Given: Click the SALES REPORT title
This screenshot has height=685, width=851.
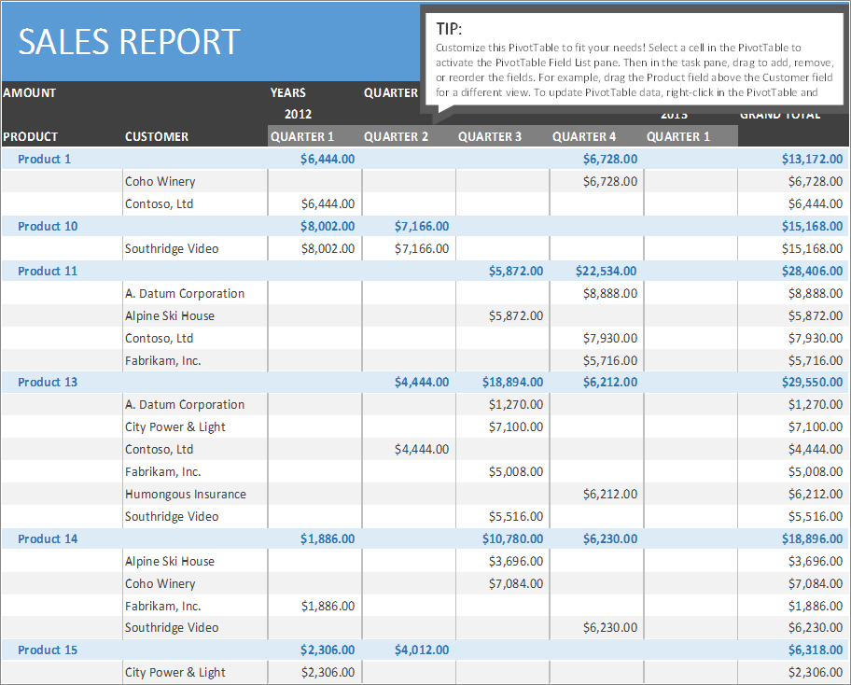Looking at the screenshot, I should tap(129, 42).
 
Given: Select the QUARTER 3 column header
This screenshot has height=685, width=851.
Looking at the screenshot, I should tap(490, 137).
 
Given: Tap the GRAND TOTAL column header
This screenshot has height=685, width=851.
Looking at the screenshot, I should tap(780, 115).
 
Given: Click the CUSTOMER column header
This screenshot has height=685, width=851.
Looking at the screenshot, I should tap(157, 137).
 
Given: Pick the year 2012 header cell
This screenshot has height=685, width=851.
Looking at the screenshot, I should tap(298, 115).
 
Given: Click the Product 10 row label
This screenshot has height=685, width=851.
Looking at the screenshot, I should tap(48, 227).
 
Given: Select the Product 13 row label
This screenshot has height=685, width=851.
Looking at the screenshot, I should tap(48, 383).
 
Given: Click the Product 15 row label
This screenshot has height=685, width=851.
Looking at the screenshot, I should tap(48, 650).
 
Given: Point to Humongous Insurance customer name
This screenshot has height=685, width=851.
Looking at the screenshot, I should tap(186, 495).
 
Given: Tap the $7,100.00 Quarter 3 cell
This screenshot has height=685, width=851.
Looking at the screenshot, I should tap(515, 427).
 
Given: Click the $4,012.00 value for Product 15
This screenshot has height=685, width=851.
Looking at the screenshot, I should tap(421, 650).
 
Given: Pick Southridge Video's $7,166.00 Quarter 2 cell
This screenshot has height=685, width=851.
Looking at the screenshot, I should tap(421, 249).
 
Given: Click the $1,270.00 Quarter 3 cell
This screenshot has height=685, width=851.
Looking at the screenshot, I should tap(515, 405).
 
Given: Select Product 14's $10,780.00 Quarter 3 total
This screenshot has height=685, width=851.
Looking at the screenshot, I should tap(512, 539).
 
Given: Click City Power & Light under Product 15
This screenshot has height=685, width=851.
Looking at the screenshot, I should tap(175, 673).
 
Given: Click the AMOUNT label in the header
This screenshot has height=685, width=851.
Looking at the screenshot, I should tap(29, 93).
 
